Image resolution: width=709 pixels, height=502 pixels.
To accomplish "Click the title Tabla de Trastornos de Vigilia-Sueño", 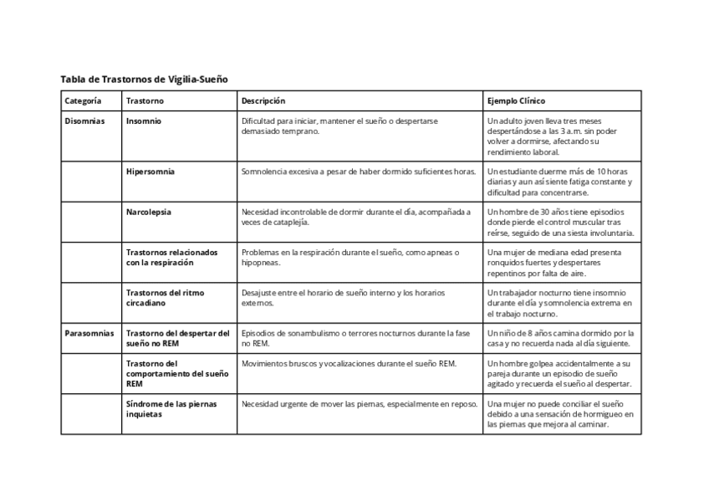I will [x=144, y=79].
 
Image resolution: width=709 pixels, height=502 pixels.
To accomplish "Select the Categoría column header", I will [x=84, y=100].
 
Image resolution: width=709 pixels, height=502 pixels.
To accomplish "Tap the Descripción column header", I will [x=263, y=100].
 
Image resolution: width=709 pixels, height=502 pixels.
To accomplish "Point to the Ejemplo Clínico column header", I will [x=516, y=100].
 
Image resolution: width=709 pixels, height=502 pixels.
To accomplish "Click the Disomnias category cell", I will [x=84, y=121].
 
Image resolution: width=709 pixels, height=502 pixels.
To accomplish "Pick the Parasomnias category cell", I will [x=89, y=333].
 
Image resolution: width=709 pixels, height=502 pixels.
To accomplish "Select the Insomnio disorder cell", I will [x=144, y=121].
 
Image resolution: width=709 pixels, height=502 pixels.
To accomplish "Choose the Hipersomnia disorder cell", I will [x=150, y=172].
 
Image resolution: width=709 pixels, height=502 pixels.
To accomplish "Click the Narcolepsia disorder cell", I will [x=149, y=213].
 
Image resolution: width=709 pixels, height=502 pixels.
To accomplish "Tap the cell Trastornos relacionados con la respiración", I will [x=171, y=257].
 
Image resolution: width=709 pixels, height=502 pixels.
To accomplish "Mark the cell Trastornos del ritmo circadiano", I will [x=165, y=298].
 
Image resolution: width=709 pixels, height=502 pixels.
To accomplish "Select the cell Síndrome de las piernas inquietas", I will [x=171, y=409].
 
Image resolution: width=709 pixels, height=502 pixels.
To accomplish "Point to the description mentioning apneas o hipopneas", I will [x=350, y=257].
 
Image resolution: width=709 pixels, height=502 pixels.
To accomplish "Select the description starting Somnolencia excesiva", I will [x=358, y=172].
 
